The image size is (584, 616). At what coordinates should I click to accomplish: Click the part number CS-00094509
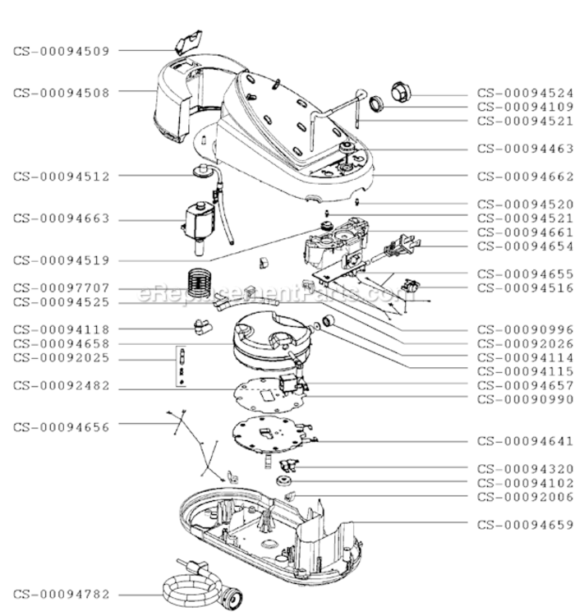click(x=61, y=51)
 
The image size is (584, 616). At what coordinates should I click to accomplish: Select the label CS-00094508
click(x=61, y=92)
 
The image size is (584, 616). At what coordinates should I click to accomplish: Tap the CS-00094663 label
click(x=61, y=219)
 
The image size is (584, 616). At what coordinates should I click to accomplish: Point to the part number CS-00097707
click(x=61, y=288)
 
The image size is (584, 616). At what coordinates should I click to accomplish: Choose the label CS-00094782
click(x=61, y=594)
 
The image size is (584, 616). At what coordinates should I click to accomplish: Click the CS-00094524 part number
click(x=526, y=93)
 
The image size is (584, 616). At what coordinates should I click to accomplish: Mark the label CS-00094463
click(x=526, y=149)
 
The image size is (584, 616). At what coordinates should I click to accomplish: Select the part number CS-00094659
click(x=526, y=524)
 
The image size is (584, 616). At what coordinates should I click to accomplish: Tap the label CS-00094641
click(x=526, y=441)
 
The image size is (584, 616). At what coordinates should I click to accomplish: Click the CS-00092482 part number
click(x=61, y=387)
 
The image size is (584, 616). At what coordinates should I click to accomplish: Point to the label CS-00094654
click(x=526, y=246)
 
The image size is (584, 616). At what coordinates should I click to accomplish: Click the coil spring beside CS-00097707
click(x=197, y=282)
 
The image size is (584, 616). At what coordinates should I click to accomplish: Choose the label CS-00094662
click(x=526, y=176)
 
